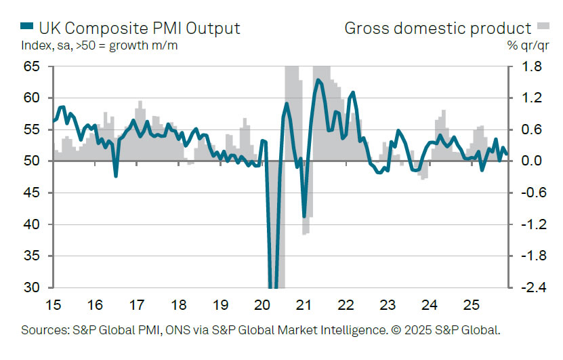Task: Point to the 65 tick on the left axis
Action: [31, 66]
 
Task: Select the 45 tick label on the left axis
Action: [31, 193]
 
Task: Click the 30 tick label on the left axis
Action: [31, 288]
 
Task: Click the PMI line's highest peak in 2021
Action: [318, 80]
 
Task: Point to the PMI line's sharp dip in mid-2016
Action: [116, 176]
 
